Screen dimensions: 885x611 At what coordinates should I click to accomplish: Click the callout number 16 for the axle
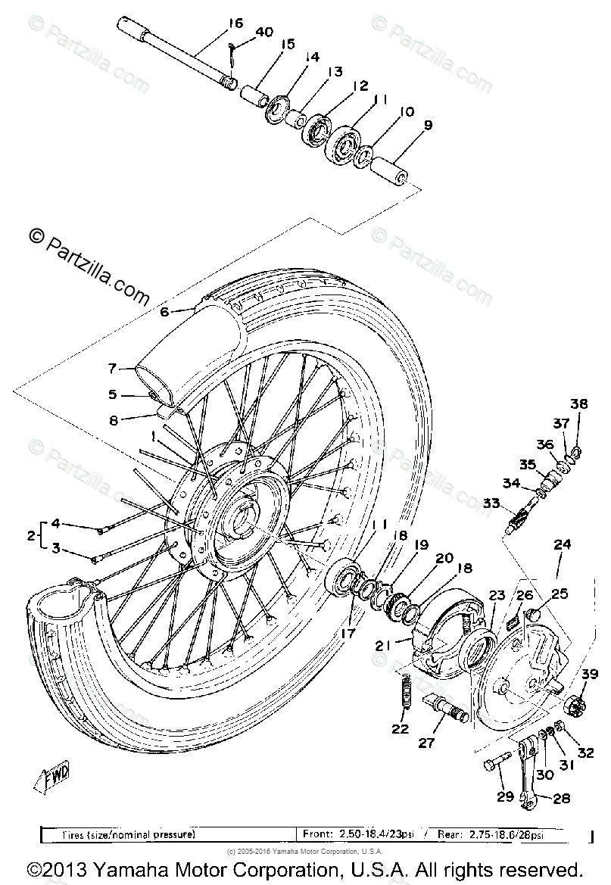235,23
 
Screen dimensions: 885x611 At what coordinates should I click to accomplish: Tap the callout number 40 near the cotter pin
264,33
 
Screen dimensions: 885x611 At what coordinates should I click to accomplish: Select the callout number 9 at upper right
428,125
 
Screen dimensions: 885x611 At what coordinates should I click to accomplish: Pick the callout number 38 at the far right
578,405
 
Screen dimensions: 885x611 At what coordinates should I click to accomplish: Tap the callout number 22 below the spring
400,729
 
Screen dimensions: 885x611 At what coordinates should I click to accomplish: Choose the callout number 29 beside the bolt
504,796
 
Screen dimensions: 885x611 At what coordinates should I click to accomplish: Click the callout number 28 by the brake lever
562,798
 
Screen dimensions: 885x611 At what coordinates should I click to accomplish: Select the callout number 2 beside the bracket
31,536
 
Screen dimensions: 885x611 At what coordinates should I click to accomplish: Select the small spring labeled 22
404,693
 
